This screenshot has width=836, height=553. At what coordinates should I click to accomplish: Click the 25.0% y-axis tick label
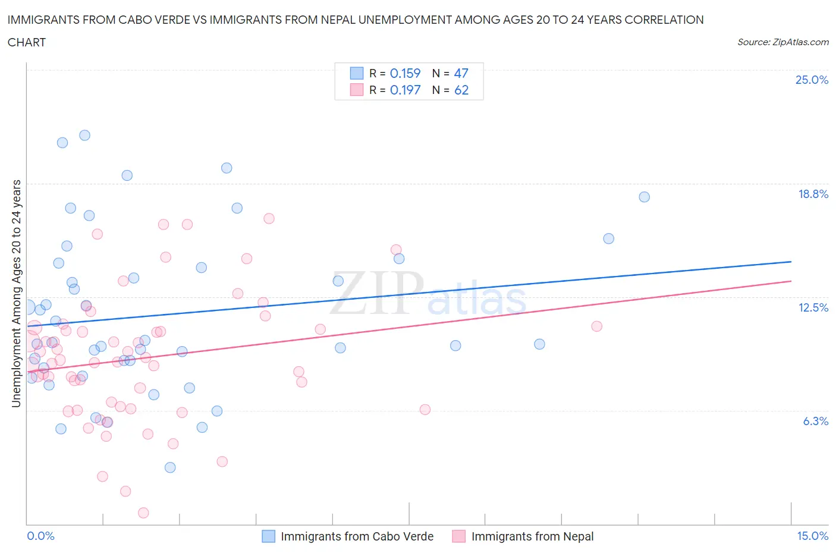pos(812,80)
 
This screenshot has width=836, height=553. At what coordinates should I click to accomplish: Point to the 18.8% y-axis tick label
pos(813,194)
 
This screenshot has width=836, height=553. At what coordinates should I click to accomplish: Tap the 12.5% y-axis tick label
pos(813,307)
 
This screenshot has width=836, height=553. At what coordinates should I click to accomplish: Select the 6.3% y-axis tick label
pos(815,421)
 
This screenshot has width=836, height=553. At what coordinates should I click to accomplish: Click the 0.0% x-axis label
pos(40,536)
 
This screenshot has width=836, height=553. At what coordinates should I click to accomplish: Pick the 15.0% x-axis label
pos(812,536)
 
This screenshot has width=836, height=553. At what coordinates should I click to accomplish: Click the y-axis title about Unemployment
pos(16,294)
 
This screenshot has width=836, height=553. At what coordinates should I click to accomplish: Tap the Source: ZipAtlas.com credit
pos(782,42)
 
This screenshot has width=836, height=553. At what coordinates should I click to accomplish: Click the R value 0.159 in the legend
pos(405,73)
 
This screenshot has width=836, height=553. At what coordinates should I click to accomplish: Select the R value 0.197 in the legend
pos(405,90)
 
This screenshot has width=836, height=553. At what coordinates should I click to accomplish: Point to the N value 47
pos(461,73)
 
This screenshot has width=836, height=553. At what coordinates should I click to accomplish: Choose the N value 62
pos(461,90)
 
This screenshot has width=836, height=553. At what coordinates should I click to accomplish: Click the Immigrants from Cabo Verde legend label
pos(357,536)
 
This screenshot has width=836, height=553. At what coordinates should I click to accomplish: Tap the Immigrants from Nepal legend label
pos(532,536)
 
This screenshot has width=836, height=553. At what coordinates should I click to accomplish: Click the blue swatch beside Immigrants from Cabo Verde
pos(269,536)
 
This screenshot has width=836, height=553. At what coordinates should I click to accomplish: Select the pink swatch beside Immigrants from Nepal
pos(458,536)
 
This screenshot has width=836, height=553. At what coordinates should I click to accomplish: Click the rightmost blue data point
pos(644,197)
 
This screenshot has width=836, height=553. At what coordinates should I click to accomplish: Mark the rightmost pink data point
pos(596,326)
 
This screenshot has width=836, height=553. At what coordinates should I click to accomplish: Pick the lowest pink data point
pos(143,513)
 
